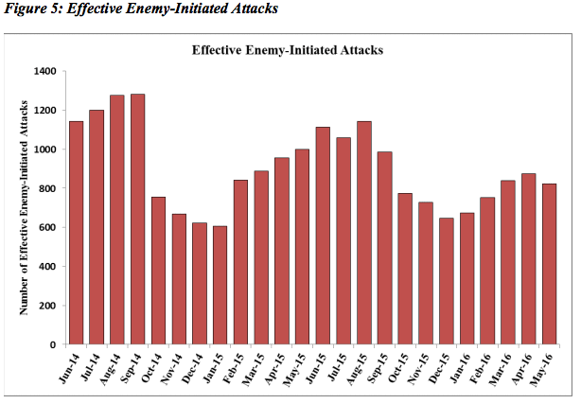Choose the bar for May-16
[x=549, y=264]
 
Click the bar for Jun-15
[x=323, y=236]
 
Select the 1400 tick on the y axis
[x=44, y=71]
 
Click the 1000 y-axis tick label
[x=44, y=149]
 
